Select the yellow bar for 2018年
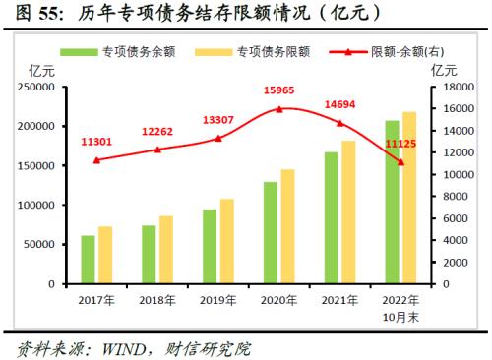click(x=165, y=250)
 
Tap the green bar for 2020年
click(x=271, y=232)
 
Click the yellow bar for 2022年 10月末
click(x=408, y=198)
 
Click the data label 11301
click(x=96, y=142)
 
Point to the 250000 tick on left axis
click(x=35, y=88)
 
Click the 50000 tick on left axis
click(x=39, y=245)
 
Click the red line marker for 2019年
click(x=218, y=139)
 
